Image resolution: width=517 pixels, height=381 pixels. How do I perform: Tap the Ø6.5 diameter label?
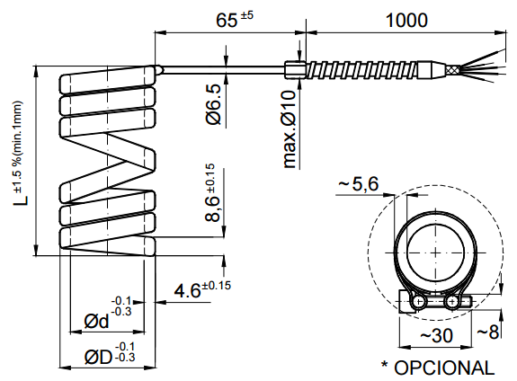tap(213, 104)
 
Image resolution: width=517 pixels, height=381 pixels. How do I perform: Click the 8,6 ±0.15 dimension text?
tap(213, 195)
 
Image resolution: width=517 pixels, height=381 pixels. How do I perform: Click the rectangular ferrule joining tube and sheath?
tap(293, 68)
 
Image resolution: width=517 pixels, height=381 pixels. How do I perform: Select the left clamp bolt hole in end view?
tap(420, 304)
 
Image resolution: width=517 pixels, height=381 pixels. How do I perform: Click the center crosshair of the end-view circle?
tap(436, 253)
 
